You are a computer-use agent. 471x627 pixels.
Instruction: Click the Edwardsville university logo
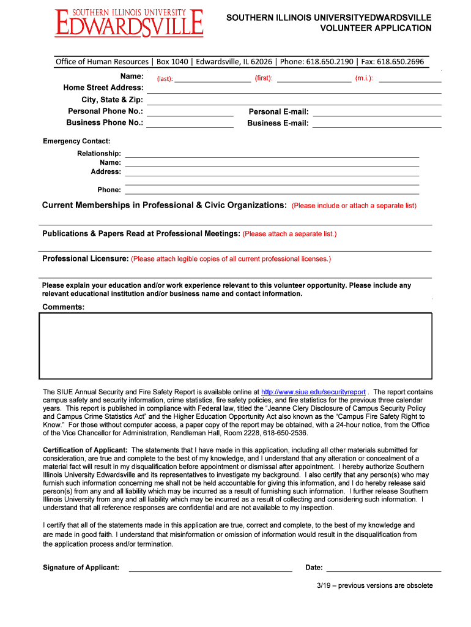pos(128,23)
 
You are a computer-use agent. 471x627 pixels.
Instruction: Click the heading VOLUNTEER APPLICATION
pos(376,28)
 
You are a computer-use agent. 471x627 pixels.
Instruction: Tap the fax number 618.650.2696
pos(400,61)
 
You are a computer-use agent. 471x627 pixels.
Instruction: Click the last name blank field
pos(212,78)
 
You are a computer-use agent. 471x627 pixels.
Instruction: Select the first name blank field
pos(314,78)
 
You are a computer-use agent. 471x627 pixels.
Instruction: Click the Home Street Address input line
pos(294,89)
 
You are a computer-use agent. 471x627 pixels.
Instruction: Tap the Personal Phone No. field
pos(190,112)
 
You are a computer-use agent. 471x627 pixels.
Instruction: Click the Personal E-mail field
pos(377,112)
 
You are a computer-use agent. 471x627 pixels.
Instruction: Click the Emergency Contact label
pos(76,141)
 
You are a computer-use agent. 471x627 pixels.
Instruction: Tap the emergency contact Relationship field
pos(272,154)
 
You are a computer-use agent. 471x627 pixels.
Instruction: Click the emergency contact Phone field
pos(272,190)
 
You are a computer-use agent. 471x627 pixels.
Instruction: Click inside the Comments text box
pos(236,347)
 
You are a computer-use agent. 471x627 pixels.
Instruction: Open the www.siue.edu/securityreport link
pos(313,392)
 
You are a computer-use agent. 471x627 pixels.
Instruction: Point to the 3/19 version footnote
pos(374,586)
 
